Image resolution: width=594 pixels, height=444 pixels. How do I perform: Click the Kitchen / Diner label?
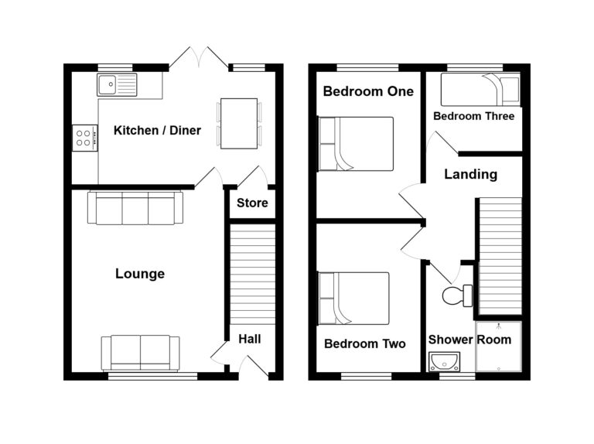[x=157, y=131]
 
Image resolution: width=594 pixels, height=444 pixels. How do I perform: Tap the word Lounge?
[x=140, y=274]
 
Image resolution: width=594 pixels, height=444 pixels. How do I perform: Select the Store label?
[x=252, y=203]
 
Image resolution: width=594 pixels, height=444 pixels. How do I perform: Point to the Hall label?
[x=249, y=339]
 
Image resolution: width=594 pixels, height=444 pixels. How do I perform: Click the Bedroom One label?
[x=368, y=91]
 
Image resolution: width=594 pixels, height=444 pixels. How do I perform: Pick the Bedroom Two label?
[x=364, y=344]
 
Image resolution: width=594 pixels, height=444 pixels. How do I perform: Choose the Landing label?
[x=470, y=175]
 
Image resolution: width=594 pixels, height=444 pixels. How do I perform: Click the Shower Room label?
[x=469, y=340]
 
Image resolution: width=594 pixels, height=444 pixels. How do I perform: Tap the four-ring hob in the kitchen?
[x=85, y=138]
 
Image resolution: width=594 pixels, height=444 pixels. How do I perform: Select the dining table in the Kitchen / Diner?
[x=239, y=123]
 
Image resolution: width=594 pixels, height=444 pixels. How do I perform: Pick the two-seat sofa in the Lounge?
[x=141, y=353]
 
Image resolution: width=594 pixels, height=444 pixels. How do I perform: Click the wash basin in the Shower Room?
[x=444, y=361]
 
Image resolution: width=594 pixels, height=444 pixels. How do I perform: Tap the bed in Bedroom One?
[x=356, y=144]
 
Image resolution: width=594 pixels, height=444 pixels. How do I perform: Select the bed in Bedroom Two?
[x=354, y=299]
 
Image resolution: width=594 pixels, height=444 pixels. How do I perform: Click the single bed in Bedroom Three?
[x=480, y=90]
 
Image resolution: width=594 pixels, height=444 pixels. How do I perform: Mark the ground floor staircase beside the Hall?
[x=253, y=275]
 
